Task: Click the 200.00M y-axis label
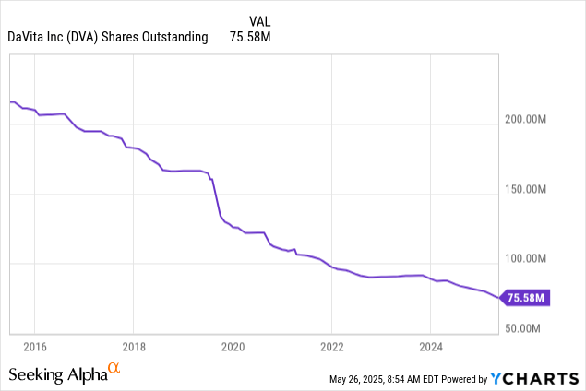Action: tap(525, 119)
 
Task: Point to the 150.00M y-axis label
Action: tap(525, 189)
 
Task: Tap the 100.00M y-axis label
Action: tap(525, 258)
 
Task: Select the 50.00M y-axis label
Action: tap(522, 328)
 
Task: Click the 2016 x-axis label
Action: tap(35, 347)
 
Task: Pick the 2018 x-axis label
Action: tap(134, 347)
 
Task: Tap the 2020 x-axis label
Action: tap(233, 347)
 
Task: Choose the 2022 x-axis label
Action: tap(332, 347)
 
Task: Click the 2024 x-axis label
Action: tap(431, 347)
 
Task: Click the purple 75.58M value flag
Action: tap(525, 298)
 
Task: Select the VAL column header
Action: tap(259, 21)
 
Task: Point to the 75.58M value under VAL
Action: tap(250, 37)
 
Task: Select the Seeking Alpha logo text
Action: tap(58, 374)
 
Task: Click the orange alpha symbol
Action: tap(114, 368)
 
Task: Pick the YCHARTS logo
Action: tap(535, 379)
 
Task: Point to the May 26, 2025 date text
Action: tap(356, 379)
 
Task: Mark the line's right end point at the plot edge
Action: tap(498, 298)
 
